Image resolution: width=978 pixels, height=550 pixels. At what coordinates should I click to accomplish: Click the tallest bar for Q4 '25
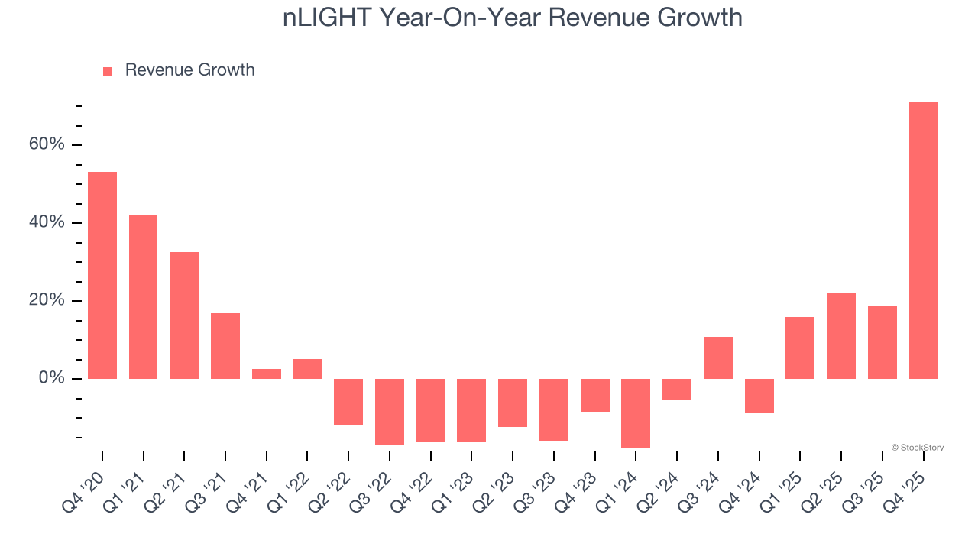(x=923, y=240)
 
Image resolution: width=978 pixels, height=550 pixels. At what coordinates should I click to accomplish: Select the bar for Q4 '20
(x=102, y=275)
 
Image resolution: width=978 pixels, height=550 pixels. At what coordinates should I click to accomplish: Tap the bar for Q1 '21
(x=143, y=297)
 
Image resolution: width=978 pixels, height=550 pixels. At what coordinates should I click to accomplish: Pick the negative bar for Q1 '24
(x=636, y=412)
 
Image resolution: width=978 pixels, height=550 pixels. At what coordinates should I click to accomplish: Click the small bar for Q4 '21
(x=267, y=374)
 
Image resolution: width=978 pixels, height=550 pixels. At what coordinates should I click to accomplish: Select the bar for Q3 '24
(x=718, y=357)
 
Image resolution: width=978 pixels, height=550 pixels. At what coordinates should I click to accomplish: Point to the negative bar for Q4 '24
(x=759, y=396)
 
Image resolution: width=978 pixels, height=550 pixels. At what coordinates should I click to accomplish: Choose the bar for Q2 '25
(x=841, y=335)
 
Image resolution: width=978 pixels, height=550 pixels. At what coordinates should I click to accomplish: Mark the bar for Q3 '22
(x=390, y=411)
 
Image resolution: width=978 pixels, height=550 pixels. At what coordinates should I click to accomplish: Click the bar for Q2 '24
(x=677, y=389)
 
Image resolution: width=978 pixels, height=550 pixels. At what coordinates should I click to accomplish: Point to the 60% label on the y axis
(x=48, y=145)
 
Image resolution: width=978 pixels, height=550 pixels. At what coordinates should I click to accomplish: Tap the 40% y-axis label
(x=48, y=223)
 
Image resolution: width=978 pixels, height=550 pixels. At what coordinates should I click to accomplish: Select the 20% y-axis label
(x=48, y=301)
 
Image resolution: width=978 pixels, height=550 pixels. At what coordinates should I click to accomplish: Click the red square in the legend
(x=108, y=71)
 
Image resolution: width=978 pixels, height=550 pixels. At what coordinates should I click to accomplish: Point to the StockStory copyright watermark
(x=917, y=448)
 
